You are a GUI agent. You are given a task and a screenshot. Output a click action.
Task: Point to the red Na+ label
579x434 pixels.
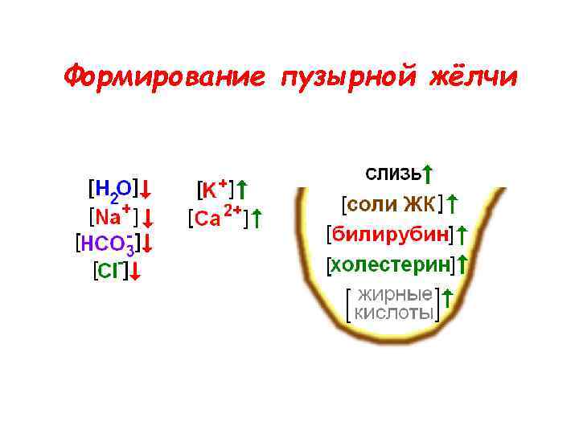(113, 217)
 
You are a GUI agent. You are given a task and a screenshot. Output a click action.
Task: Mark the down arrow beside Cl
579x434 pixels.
(135, 272)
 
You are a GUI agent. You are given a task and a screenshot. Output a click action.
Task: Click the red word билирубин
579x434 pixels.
(389, 234)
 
